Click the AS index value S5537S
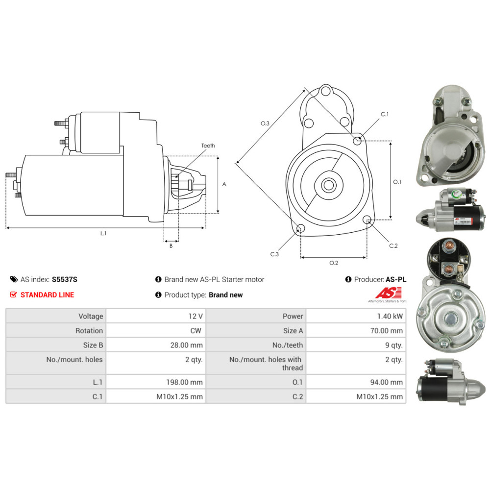[x=64, y=279]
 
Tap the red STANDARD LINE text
[x=47, y=294]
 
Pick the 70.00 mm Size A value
[x=386, y=331]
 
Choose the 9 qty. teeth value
[x=394, y=345]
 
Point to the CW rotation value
[x=196, y=331]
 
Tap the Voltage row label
[x=91, y=316]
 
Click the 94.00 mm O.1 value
[x=386, y=382]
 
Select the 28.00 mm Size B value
[x=186, y=345]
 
